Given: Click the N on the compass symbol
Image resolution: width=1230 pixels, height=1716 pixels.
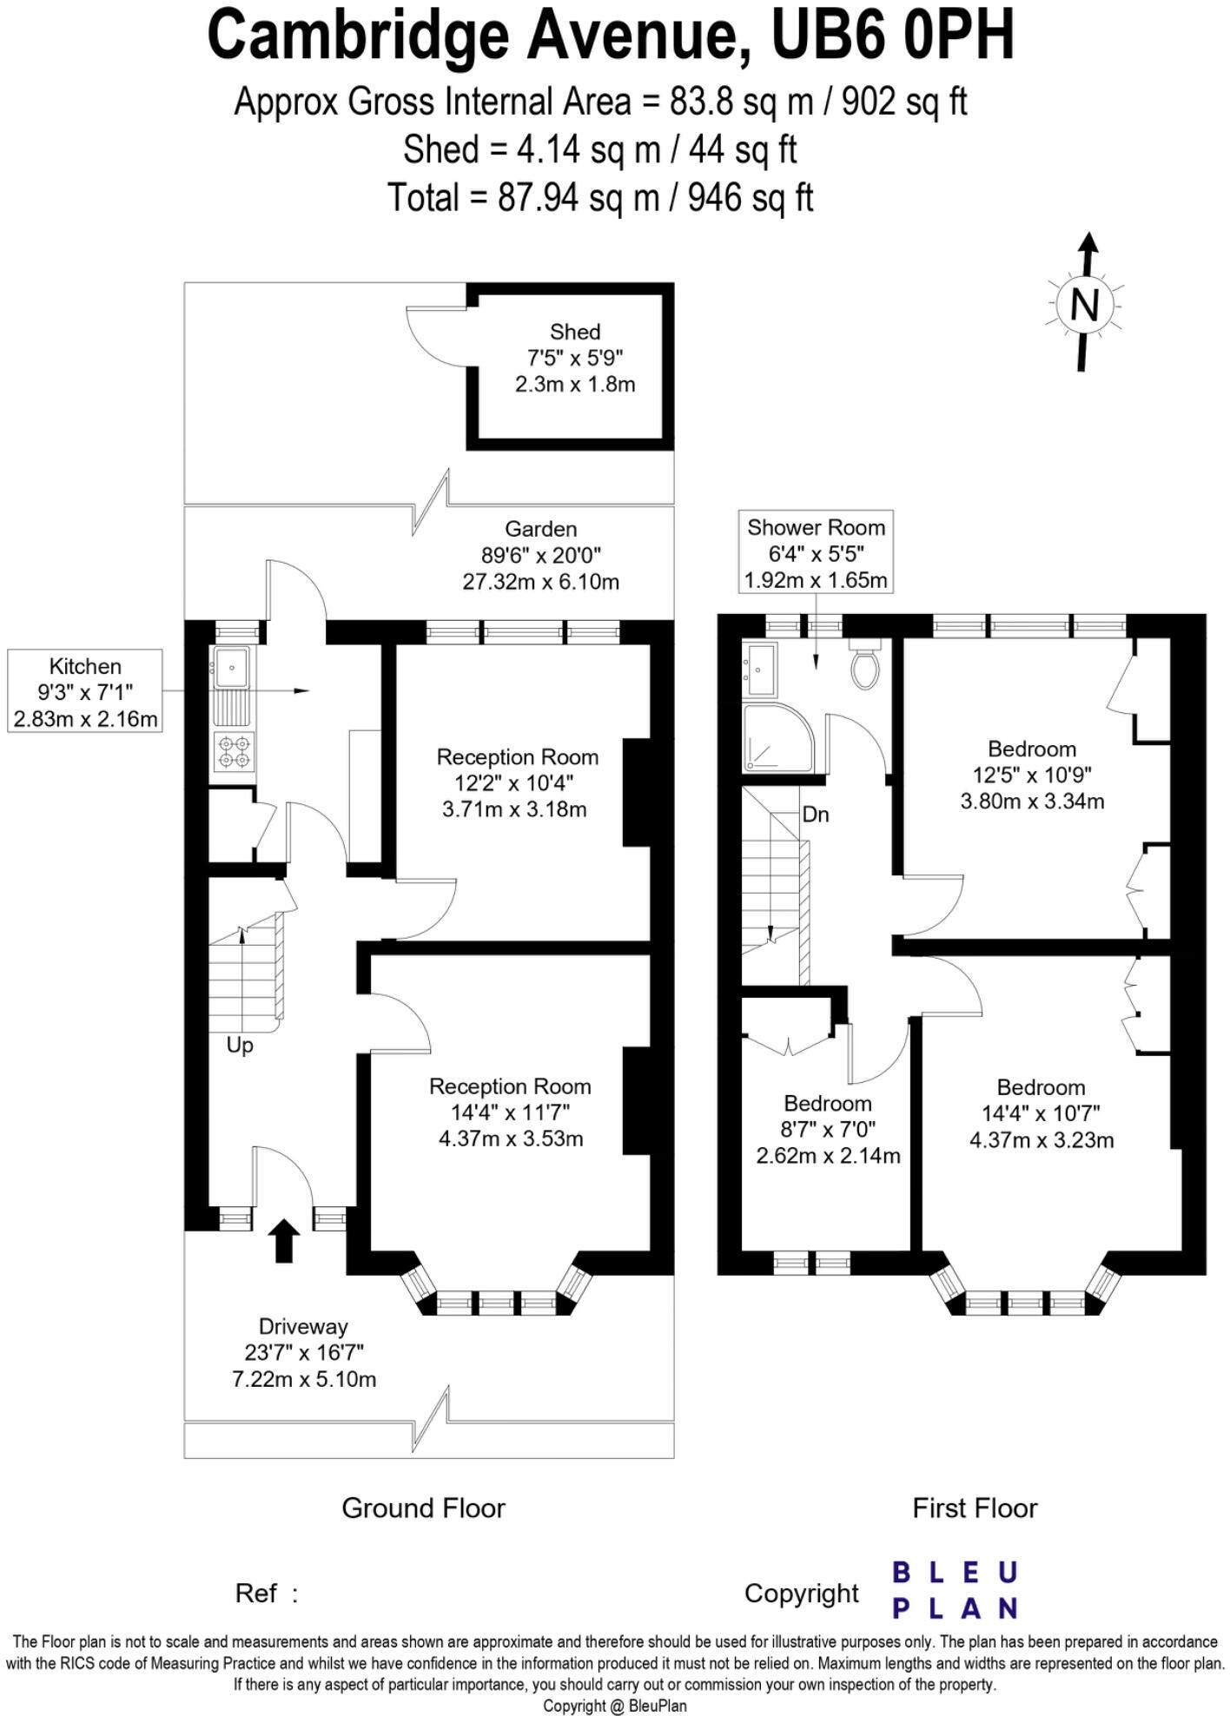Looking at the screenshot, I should (1084, 304).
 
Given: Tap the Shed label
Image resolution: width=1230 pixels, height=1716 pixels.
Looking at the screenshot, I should (575, 332).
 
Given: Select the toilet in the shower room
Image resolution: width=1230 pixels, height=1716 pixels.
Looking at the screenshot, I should (864, 666).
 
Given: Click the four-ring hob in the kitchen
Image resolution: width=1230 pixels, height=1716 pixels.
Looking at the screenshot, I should (234, 752).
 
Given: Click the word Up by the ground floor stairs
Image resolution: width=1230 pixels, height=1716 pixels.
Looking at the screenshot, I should (240, 1046).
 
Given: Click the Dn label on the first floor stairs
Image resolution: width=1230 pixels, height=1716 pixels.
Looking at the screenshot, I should (815, 815).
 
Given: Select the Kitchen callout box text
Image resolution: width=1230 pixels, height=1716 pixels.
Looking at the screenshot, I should (85, 691).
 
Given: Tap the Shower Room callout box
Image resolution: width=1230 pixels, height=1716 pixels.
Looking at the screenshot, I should (816, 552).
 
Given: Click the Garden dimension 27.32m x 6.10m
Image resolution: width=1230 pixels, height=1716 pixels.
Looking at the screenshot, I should (540, 582).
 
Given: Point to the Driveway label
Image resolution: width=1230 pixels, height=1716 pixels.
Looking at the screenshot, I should (303, 1326).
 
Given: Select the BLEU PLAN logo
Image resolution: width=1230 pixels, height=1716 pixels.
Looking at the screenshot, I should (955, 1590).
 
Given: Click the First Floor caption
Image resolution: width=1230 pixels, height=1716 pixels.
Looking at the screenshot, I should (975, 1508).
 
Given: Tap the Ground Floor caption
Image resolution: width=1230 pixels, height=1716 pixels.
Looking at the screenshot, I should (423, 1508).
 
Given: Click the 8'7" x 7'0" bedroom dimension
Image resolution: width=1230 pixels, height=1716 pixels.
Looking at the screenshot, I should (828, 1129).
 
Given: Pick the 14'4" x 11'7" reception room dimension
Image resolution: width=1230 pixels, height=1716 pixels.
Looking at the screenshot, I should (510, 1112).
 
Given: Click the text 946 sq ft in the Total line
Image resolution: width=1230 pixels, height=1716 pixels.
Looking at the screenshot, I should (751, 198).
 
